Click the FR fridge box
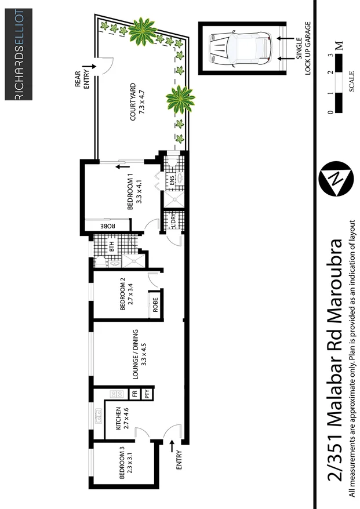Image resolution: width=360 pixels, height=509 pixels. click(x=134, y=394)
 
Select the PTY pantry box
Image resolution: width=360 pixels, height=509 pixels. click(x=148, y=394)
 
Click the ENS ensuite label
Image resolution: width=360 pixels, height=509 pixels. click(x=172, y=182)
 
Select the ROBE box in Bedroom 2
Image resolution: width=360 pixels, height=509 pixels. click(x=155, y=306)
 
